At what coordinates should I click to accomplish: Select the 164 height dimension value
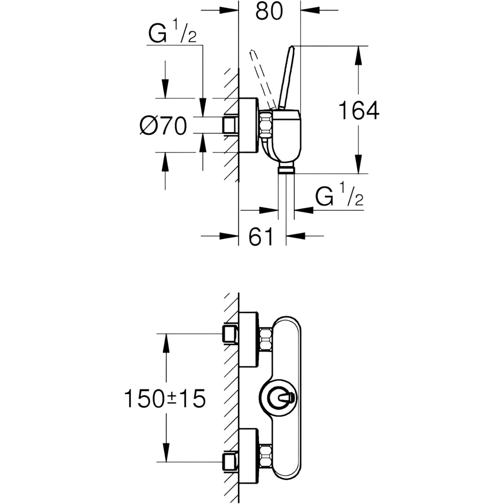click(x=359, y=110)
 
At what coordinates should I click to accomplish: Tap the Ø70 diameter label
click(x=163, y=125)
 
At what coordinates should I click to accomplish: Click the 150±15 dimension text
click(x=165, y=398)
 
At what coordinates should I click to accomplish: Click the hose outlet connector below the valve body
click(x=286, y=169)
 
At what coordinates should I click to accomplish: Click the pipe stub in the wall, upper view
click(x=230, y=125)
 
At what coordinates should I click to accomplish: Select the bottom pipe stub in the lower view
click(x=230, y=461)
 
